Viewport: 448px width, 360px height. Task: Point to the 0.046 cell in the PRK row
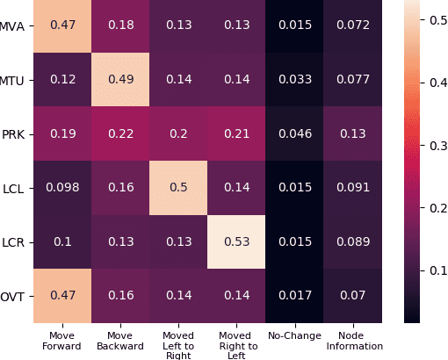coord(294,134)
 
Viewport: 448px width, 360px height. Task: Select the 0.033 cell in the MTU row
coord(294,81)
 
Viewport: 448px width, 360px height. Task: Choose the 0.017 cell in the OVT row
coord(294,295)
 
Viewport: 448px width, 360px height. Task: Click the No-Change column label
coord(294,335)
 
